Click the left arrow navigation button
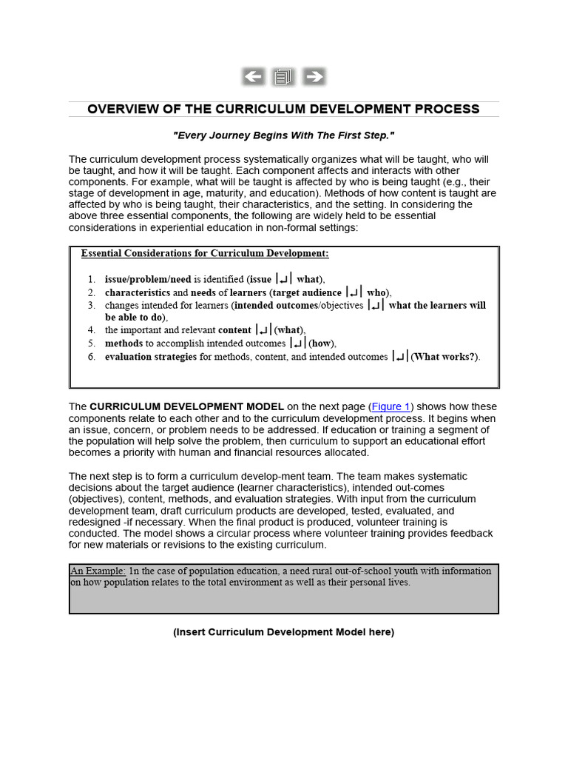[253, 76]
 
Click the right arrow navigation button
[314, 76]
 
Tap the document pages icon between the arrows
[283, 76]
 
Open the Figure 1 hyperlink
[390, 406]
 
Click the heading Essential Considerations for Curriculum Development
[205, 253]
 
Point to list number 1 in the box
[91, 279]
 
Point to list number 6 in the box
[91, 357]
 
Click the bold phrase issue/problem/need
[148, 279]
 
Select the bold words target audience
[306, 292]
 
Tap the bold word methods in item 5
[124, 343]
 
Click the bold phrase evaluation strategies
[151, 357]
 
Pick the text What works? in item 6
[445, 357]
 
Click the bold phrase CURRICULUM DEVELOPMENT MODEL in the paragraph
[187, 406]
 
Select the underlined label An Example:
[98, 571]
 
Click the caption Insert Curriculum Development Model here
[283, 632]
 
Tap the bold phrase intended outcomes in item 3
[275, 305]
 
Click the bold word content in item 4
[234, 330]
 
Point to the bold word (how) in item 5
[322, 343]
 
